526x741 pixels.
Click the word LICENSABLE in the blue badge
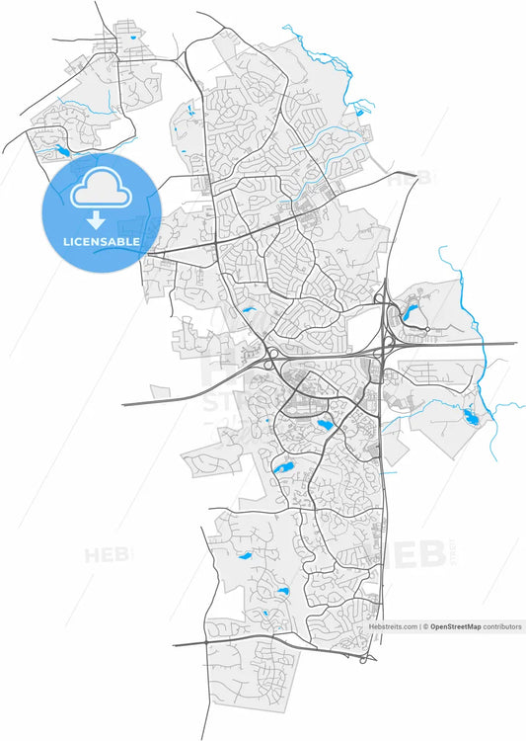(x=101, y=241)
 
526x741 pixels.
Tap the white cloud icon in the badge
(x=101, y=186)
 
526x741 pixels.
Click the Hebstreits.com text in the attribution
(x=393, y=626)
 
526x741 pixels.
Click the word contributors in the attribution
(x=502, y=626)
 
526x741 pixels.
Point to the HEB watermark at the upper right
(x=407, y=180)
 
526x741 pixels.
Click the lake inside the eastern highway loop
(x=412, y=316)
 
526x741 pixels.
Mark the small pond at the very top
(x=131, y=38)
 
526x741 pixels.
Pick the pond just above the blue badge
(x=62, y=151)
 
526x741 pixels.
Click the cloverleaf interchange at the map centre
(x=271, y=354)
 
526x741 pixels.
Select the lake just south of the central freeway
(x=324, y=424)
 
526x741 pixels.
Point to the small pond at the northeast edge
(x=359, y=112)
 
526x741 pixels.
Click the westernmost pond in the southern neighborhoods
(x=245, y=555)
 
